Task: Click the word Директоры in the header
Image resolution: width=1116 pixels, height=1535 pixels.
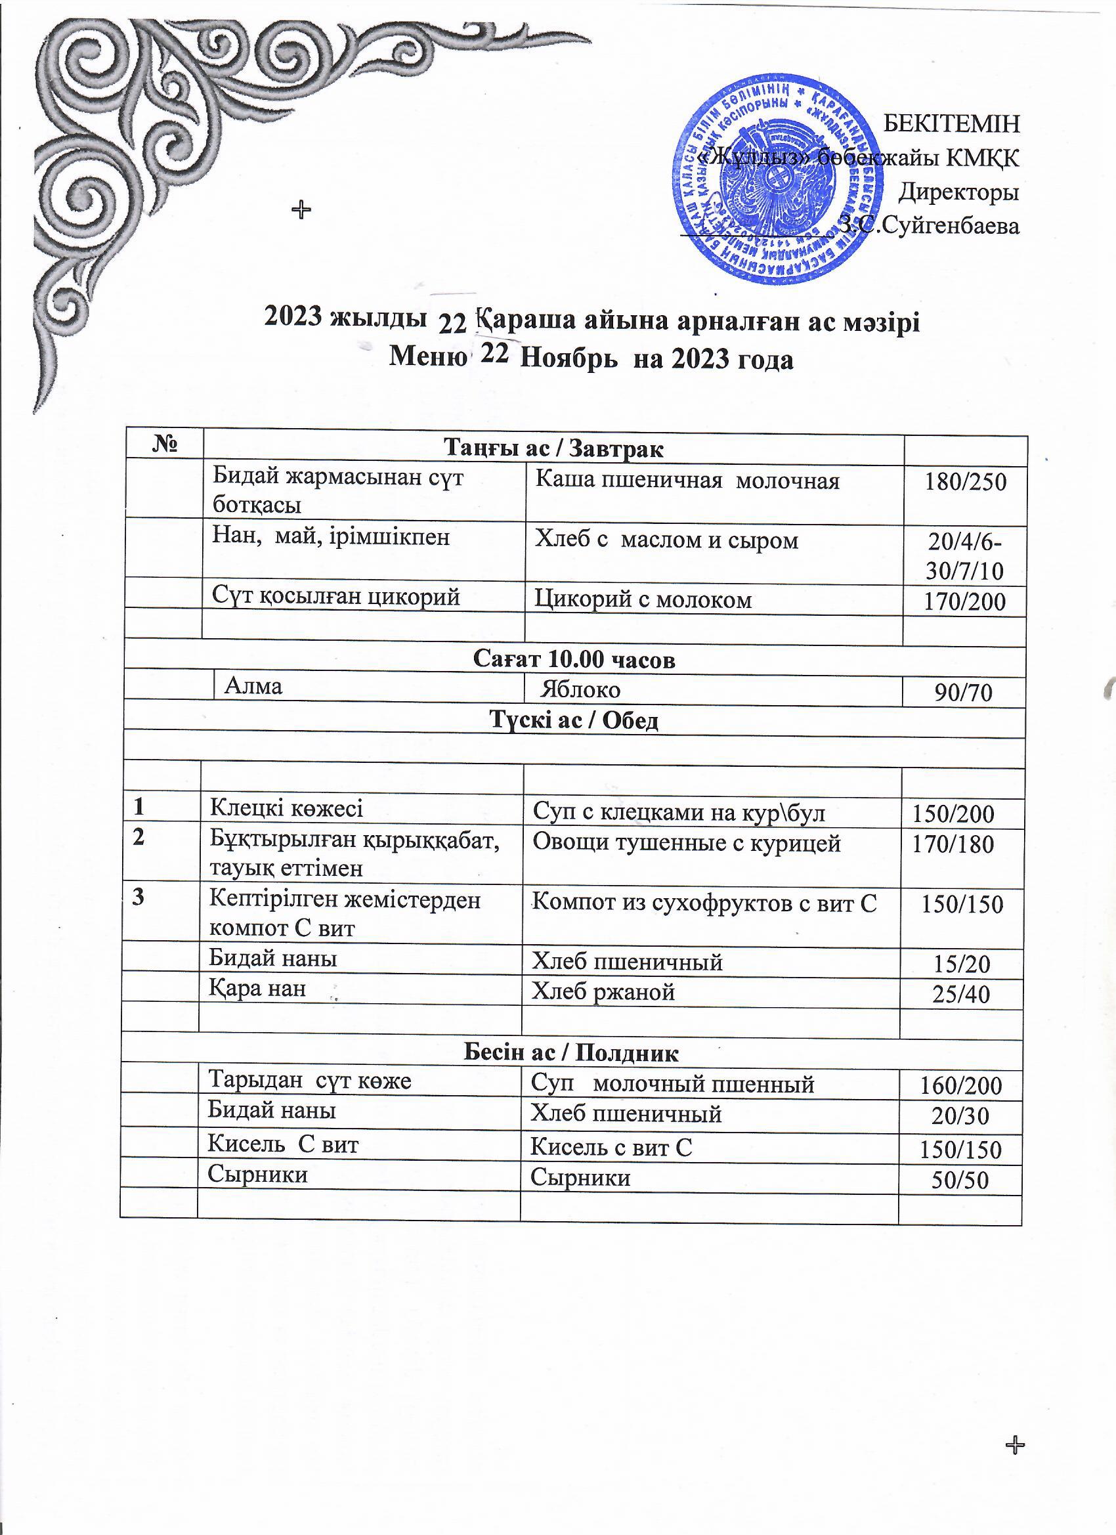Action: (x=958, y=192)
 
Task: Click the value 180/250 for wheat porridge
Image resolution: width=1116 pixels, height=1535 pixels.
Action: (x=966, y=482)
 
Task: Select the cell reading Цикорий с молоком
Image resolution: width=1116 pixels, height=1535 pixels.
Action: (x=643, y=599)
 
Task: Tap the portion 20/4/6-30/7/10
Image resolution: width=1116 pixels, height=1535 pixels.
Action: (x=965, y=557)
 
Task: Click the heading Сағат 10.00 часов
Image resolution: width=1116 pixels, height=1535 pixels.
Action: (x=574, y=659)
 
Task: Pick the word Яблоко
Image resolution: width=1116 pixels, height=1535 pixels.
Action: (x=582, y=689)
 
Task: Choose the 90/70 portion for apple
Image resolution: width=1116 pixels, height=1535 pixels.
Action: (x=963, y=693)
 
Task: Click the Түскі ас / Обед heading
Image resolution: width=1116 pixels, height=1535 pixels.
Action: (x=574, y=721)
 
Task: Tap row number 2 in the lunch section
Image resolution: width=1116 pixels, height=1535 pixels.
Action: (x=139, y=837)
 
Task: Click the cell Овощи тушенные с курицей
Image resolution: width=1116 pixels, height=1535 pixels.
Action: (x=687, y=843)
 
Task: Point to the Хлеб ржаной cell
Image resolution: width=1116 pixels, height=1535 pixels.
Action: (x=604, y=991)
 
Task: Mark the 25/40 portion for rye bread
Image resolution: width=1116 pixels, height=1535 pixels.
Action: (x=961, y=993)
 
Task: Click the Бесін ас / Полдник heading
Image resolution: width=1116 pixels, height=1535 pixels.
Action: (x=572, y=1053)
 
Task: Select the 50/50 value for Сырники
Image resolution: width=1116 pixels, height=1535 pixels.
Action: (x=960, y=1180)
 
